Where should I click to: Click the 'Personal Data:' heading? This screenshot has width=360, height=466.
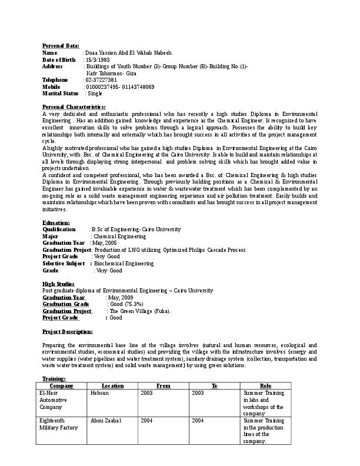[61, 45]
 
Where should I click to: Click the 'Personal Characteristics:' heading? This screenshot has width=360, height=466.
[74, 106]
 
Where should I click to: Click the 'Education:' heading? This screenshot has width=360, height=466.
[56, 222]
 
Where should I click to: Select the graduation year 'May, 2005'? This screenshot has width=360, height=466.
[106, 243]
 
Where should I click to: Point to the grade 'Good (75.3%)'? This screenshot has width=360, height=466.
[126, 304]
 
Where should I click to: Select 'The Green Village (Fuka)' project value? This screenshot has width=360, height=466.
[140, 311]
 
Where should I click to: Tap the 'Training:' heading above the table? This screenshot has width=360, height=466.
[54, 378]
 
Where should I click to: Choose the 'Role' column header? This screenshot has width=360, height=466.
[265, 385]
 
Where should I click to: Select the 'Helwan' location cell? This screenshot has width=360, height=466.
[99, 392]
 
